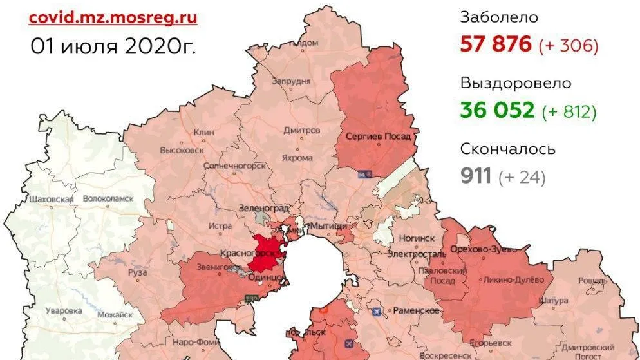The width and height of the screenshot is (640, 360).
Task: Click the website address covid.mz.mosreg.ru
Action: [x=113, y=17]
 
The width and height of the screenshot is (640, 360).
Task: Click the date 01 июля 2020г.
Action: [x=113, y=46]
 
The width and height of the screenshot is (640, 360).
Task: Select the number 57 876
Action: [x=496, y=44]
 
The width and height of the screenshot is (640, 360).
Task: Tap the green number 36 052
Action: [x=497, y=110]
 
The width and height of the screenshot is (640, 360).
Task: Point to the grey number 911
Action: [x=476, y=175]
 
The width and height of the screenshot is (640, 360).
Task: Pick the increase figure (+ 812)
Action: [x=569, y=111]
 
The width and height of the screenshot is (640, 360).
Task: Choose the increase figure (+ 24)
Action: [x=522, y=176]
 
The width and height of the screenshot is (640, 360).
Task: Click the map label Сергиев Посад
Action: [x=378, y=137]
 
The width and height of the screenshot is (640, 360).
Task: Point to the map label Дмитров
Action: [x=301, y=130]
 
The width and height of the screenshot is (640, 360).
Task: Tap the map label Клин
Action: [x=203, y=132]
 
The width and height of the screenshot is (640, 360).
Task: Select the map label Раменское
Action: [x=416, y=310]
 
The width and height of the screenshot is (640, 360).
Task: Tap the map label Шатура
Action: [x=553, y=301]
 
